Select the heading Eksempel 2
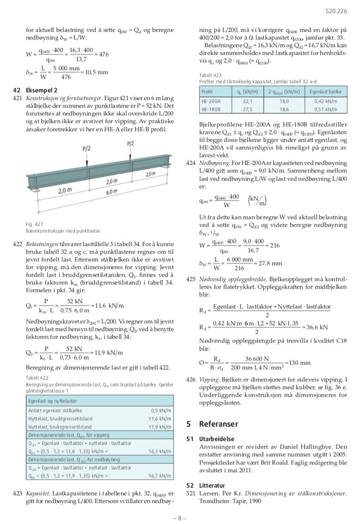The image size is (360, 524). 42,90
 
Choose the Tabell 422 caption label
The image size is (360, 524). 37,378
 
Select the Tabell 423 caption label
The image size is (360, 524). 210,75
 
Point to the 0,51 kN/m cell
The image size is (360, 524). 325,109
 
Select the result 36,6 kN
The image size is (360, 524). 317,327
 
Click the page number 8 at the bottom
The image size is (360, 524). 180,518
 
